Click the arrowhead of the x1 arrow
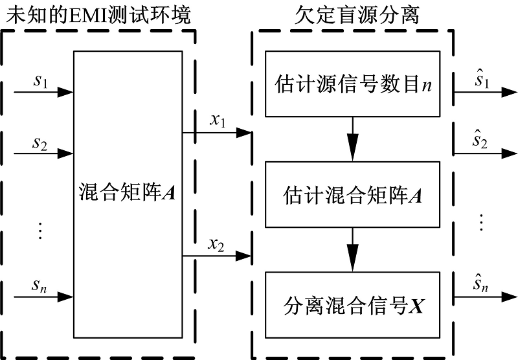(245, 133)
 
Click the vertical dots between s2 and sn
(39, 230)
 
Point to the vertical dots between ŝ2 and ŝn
(480, 222)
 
